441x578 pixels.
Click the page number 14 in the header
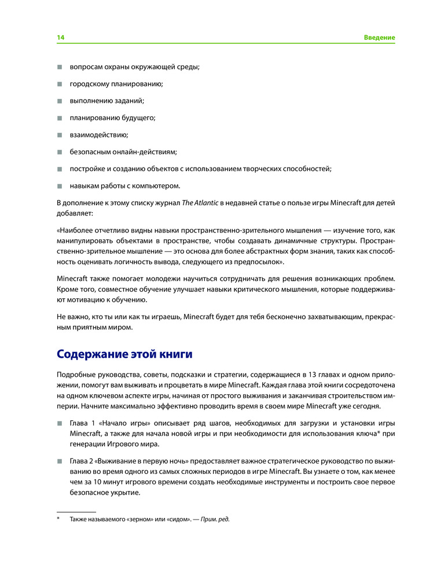tap(60, 38)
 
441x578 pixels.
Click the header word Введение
tap(379, 38)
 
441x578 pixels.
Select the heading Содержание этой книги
tap(124, 353)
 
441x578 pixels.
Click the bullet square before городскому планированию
tap(59, 84)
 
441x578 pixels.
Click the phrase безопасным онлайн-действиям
tap(123, 152)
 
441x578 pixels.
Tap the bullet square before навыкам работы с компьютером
tap(59, 186)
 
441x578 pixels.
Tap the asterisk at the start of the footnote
tap(58, 518)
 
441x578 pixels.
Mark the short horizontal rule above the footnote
tap(76, 512)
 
